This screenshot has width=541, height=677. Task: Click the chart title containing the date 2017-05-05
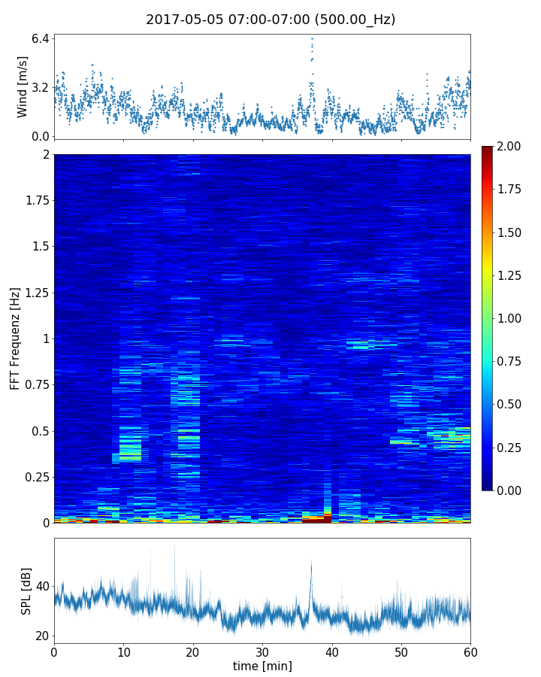(x=270, y=20)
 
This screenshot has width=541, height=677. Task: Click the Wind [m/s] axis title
(x=23, y=87)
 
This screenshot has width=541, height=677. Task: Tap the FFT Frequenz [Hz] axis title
(x=15, y=338)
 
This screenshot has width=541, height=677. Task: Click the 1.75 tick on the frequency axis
(x=34, y=201)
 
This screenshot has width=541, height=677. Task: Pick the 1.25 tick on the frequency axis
(x=34, y=293)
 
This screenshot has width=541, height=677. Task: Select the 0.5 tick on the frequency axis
(x=39, y=431)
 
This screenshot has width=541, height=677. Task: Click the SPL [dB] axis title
(x=26, y=590)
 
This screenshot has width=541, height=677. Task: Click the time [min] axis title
(x=262, y=666)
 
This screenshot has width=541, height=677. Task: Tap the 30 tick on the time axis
(x=262, y=651)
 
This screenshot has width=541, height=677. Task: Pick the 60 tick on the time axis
(x=470, y=651)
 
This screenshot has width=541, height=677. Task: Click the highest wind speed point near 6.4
(x=312, y=38)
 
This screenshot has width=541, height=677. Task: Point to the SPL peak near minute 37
(x=311, y=561)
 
